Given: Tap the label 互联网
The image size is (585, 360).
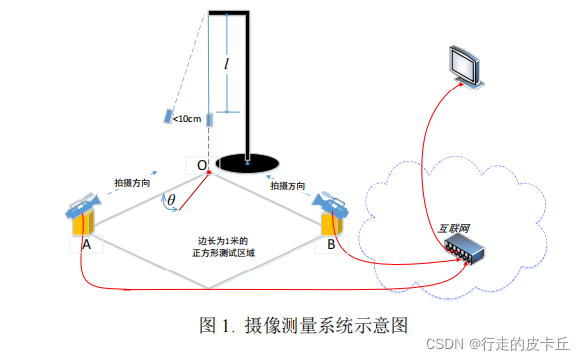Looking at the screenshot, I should point(455,227).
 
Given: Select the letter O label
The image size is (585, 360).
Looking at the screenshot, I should point(202,164).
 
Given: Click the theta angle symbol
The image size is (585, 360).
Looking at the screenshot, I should point(170,201).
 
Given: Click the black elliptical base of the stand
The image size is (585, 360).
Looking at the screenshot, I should point(245,160).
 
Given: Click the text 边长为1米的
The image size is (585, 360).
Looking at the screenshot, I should point(222,240).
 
